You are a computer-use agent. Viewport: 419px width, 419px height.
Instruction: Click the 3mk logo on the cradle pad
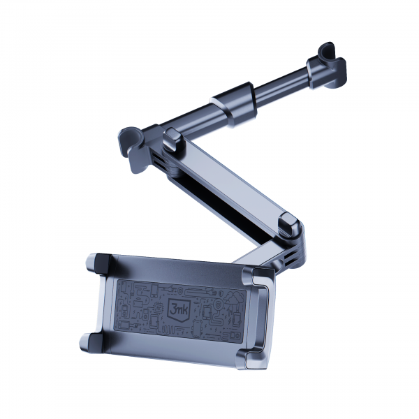coord(178,309)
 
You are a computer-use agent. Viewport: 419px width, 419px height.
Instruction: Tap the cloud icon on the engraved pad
coord(233,297)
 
